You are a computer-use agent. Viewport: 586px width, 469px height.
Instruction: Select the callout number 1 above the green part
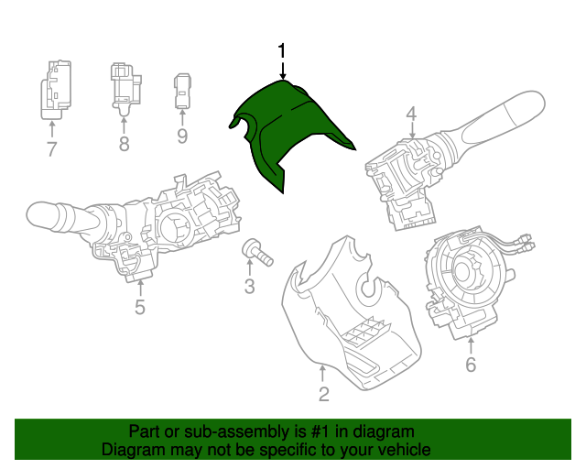coord(283,51)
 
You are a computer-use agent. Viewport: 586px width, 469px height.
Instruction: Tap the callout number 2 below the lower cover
coord(323,395)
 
